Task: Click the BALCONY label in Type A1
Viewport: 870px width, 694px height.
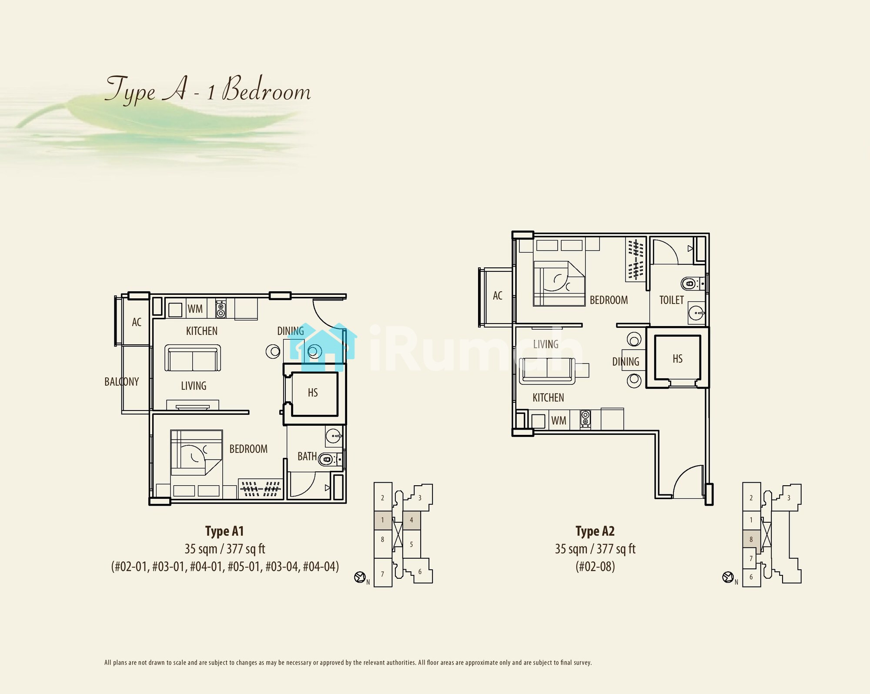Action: tap(121, 382)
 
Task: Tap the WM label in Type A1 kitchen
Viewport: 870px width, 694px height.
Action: tap(195, 309)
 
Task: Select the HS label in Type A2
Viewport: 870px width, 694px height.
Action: tap(677, 359)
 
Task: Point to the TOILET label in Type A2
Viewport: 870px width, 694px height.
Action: tap(671, 300)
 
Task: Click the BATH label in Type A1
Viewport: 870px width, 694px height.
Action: tap(307, 456)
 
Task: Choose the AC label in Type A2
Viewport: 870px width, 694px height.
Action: tap(498, 296)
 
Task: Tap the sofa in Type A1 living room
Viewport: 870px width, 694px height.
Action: tap(192, 358)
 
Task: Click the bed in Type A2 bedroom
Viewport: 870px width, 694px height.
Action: tap(559, 284)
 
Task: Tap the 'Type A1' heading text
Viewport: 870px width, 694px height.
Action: tap(224, 531)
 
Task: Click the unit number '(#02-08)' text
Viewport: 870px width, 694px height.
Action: tap(595, 567)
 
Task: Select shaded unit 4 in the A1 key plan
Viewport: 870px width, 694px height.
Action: tap(412, 520)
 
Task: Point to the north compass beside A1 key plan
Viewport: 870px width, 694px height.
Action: tap(360, 577)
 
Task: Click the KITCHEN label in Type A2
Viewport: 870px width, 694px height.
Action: tap(548, 398)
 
